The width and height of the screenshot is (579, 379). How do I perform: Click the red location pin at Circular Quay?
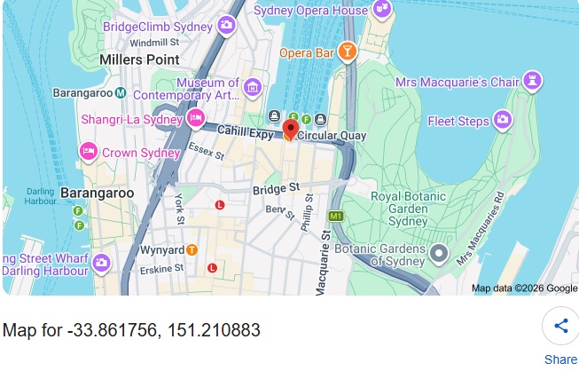pyautogui.click(x=290, y=130)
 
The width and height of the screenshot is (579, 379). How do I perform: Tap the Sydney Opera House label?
pyautogui.click(x=310, y=11)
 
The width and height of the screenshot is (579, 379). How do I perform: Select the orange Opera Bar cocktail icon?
pyautogui.click(x=348, y=52)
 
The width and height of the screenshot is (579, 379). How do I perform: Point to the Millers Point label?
pyautogui.click(x=139, y=59)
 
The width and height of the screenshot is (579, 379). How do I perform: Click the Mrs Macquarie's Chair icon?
pyautogui.click(x=531, y=83)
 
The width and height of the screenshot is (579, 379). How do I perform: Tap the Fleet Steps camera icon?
pyautogui.click(x=503, y=119)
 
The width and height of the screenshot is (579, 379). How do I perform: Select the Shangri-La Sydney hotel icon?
pyautogui.click(x=195, y=119)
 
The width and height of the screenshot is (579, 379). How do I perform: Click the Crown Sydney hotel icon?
pyautogui.click(x=89, y=152)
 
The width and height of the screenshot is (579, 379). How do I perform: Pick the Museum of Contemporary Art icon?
pyautogui.click(x=253, y=87)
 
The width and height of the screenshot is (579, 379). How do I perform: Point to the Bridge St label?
pyautogui.click(x=276, y=189)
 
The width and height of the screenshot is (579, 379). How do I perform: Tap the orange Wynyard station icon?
pyautogui.click(x=192, y=250)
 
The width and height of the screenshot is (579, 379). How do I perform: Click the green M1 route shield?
pyautogui.click(x=335, y=216)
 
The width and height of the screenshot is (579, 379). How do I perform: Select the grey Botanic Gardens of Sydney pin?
pyautogui.click(x=438, y=255)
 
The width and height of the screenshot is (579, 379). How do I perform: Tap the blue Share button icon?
pyautogui.click(x=560, y=326)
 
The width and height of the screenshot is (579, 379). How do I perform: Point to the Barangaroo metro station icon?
pyautogui.click(x=120, y=92)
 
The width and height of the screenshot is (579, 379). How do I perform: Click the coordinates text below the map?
pyautogui.click(x=131, y=331)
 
